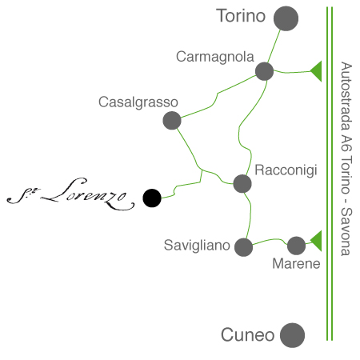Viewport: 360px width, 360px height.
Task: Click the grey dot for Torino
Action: [x=286, y=18]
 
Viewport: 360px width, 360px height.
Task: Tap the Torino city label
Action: [x=241, y=16]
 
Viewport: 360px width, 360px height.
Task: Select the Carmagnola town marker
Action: [x=264, y=71]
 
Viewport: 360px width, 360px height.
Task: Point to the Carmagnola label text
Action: [x=215, y=57]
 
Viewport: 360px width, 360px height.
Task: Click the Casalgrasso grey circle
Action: [x=172, y=121]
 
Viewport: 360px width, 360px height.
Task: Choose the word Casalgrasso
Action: [x=138, y=102]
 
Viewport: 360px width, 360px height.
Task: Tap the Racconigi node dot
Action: [x=242, y=184]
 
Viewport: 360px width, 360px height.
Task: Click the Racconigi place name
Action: [x=286, y=170]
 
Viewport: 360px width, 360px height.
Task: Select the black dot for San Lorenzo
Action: [x=152, y=198]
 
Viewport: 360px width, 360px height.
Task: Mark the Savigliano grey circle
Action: [x=244, y=247]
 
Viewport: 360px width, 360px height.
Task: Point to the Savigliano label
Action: [x=197, y=246]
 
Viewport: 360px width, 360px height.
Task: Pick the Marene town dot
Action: [x=296, y=246]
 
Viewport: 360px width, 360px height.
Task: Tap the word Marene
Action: [x=296, y=264]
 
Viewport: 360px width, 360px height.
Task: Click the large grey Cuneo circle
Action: [x=292, y=335]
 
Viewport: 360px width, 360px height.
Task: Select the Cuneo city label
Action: [x=248, y=335]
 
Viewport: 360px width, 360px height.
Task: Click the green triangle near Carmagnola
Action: [x=318, y=71]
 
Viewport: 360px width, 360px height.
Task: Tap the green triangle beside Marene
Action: [x=318, y=241]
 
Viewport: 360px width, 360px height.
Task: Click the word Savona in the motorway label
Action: [x=346, y=232]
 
